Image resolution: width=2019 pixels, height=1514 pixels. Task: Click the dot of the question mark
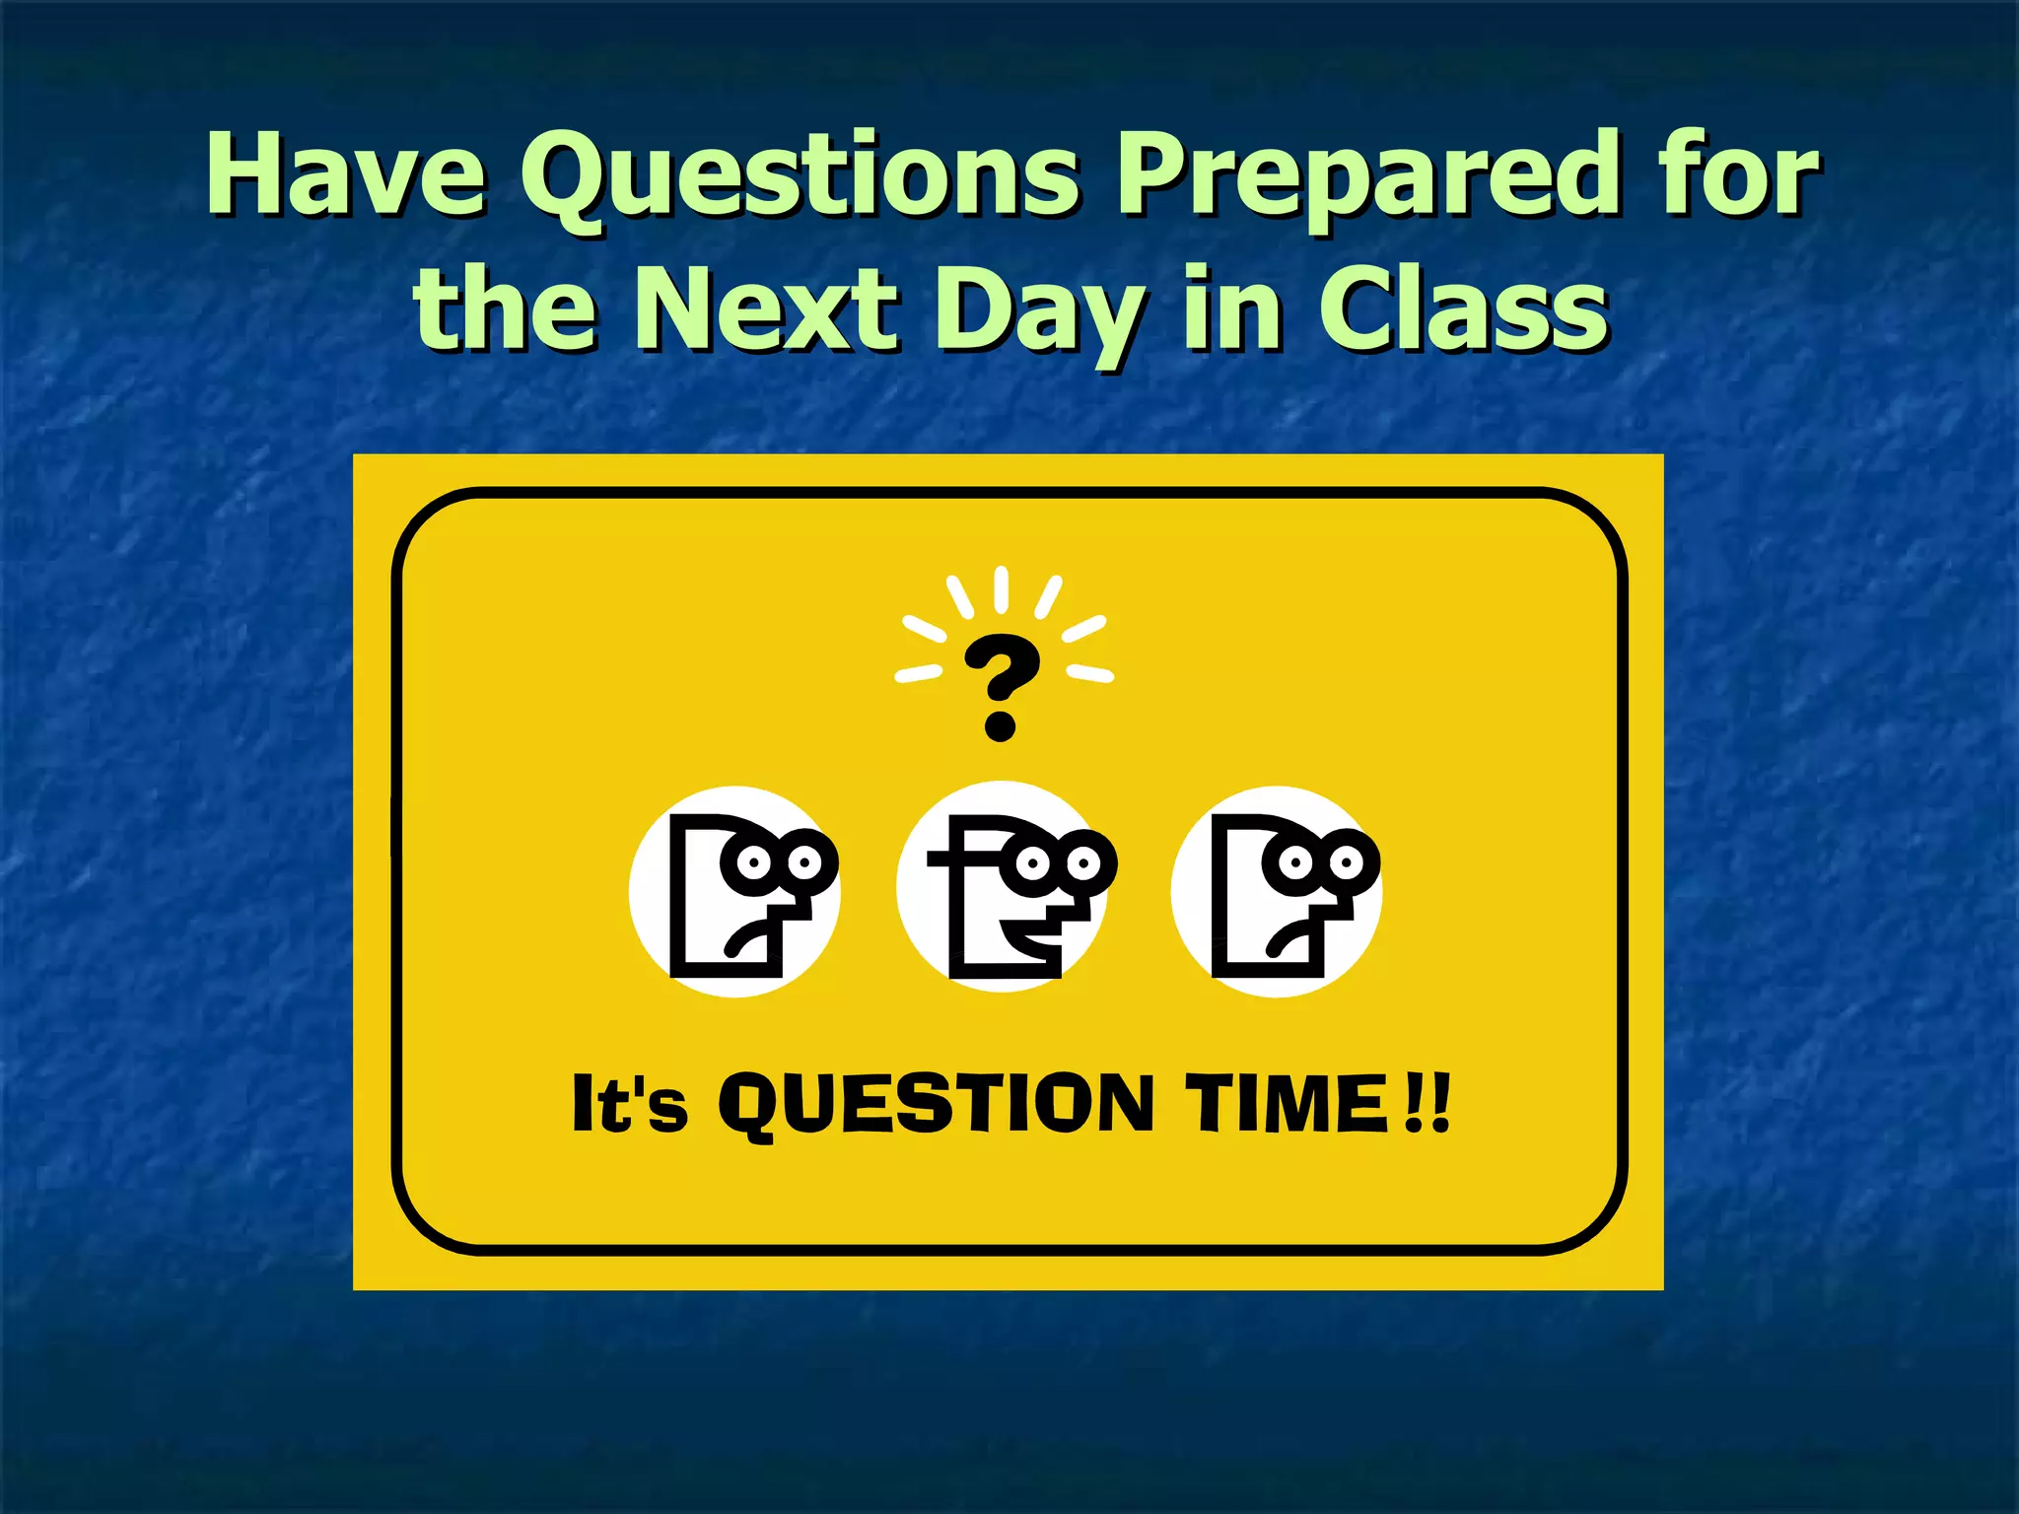[1000, 727]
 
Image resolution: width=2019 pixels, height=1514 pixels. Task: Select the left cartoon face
[735, 893]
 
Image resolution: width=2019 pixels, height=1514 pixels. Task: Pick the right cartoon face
[1278, 893]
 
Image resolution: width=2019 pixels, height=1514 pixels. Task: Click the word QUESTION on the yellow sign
[937, 1104]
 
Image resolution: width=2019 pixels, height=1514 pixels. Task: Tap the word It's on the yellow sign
[629, 1104]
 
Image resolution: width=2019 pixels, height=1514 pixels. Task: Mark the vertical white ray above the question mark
[1001, 589]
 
